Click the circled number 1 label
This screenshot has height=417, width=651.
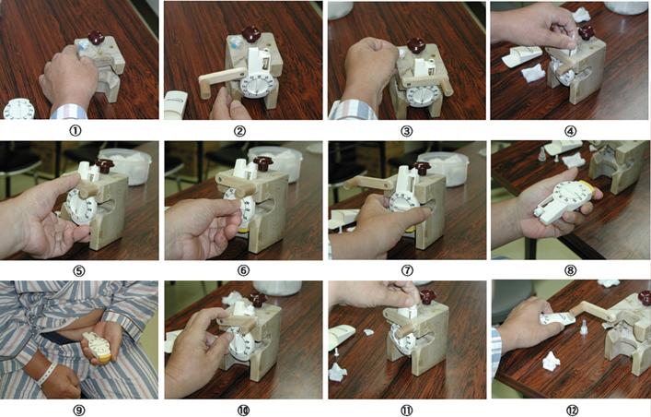pyautogui.click(x=75, y=131)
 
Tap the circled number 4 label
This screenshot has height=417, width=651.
pyautogui.click(x=571, y=131)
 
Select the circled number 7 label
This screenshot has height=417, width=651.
pyautogui.click(x=407, y=270)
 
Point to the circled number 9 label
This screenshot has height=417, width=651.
pyautogui.click(x=79, y=411)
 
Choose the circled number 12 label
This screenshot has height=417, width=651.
pyautogui.click(x=572, y=411)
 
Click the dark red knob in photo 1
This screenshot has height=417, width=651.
pyautogui.click(x=96, y=38)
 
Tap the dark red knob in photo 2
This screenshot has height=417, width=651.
pyautogui.click(x=250, y=34)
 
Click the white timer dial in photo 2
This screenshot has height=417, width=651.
pyautogui.click(x=256, y=86)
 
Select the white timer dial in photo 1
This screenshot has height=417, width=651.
pyautogui.click(x=18, y=109)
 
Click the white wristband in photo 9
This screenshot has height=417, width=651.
pyautogui.click(x=46, y=374)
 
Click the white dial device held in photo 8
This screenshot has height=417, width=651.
pyautogui.click(x=567, y=201)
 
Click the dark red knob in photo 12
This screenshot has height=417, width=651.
pyautogui.click(x=645, y=298)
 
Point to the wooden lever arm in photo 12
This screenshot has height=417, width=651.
pyautogui.click(x=592, y=311)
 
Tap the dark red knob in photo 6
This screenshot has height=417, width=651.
pyautogui.click(x=262, y=162)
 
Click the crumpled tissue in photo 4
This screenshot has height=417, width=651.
pyautogui.click(x=533, y=73)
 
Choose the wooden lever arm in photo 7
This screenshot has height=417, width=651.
pyautogui.click(x=367, y=183)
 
